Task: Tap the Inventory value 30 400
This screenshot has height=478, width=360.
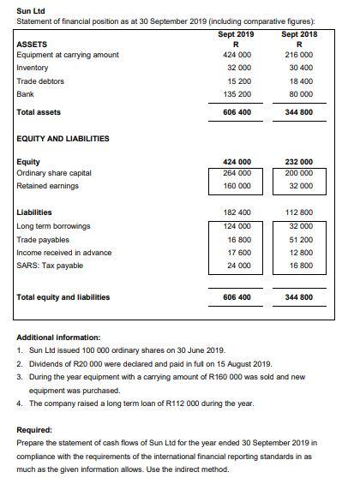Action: click(298, 68)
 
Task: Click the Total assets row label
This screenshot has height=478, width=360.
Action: click(39, 112)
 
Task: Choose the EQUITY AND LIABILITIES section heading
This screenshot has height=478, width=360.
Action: click(63, 138)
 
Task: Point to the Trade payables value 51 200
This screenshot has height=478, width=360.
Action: click(298, 239)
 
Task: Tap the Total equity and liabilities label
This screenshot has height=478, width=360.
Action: click(63, 296)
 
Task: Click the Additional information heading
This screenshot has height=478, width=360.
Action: click(58, 338)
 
